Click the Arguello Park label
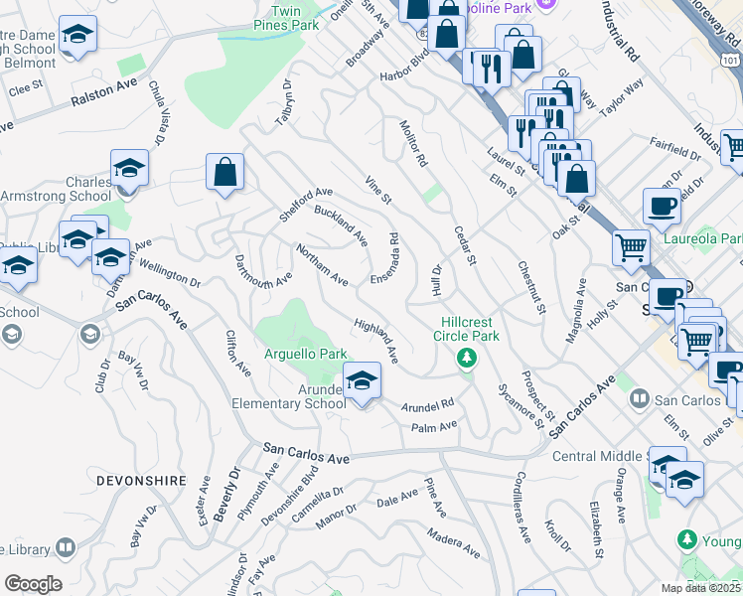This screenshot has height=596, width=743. tap(306, 354)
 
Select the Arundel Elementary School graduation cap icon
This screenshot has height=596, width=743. tap(363, 380)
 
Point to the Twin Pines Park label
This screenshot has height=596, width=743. tap(286, 17)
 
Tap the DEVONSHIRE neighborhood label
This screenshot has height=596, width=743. tap(142, 481)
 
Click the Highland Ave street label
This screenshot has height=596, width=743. tap(377, 340)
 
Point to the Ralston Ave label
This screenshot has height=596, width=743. tap(103, 97)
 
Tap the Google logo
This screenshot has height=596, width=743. tap(33, 584)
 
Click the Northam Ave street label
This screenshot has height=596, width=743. tap(322, 266)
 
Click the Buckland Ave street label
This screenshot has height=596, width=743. tap(341, 226)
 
